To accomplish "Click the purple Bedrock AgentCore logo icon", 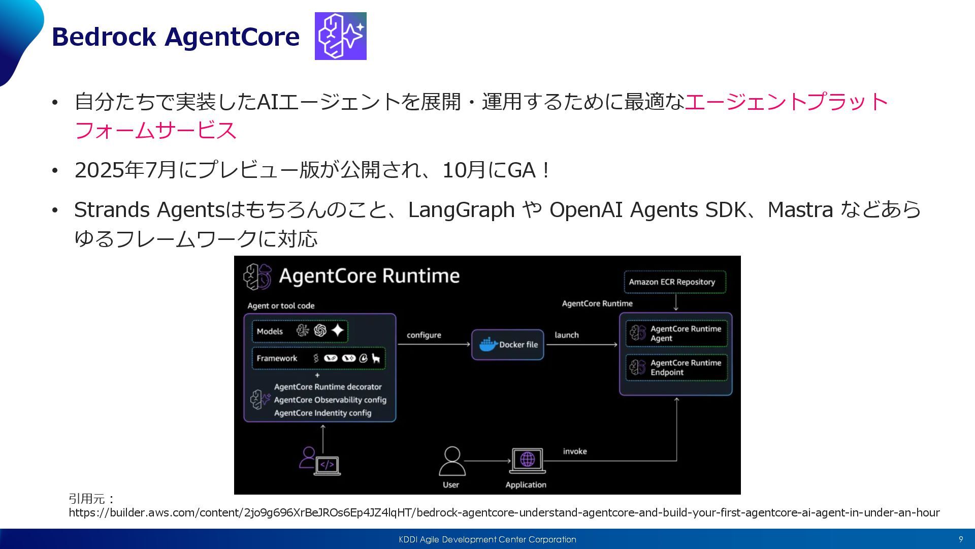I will tap(340, 36).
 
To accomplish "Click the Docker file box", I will tap(507, 345).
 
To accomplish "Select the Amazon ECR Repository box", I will tap(675, 282).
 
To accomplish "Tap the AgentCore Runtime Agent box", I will tap(676, 333).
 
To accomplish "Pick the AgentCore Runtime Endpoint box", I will tap(676, 368).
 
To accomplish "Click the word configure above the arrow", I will tap(424, 335).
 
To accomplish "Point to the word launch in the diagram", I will tap(566, 335).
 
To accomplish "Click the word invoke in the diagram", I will tap(575, 451).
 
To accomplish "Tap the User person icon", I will tap(451, 461).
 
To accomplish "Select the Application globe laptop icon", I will tap(527, 461).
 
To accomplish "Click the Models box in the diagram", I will tap(300, 331).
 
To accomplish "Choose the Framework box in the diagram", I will tap(318, 358).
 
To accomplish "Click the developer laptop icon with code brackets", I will tap(327, 465).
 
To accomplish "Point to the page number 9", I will tap(960, 539).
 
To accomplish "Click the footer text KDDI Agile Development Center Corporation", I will tap(487, 539).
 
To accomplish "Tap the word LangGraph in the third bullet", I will tap(461, 210).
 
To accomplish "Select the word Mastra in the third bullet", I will tap(800, 210).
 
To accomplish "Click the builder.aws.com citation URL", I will tap(504, 512).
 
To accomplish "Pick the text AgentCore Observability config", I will tap(330, 400).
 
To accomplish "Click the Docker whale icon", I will tap(488, 344).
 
